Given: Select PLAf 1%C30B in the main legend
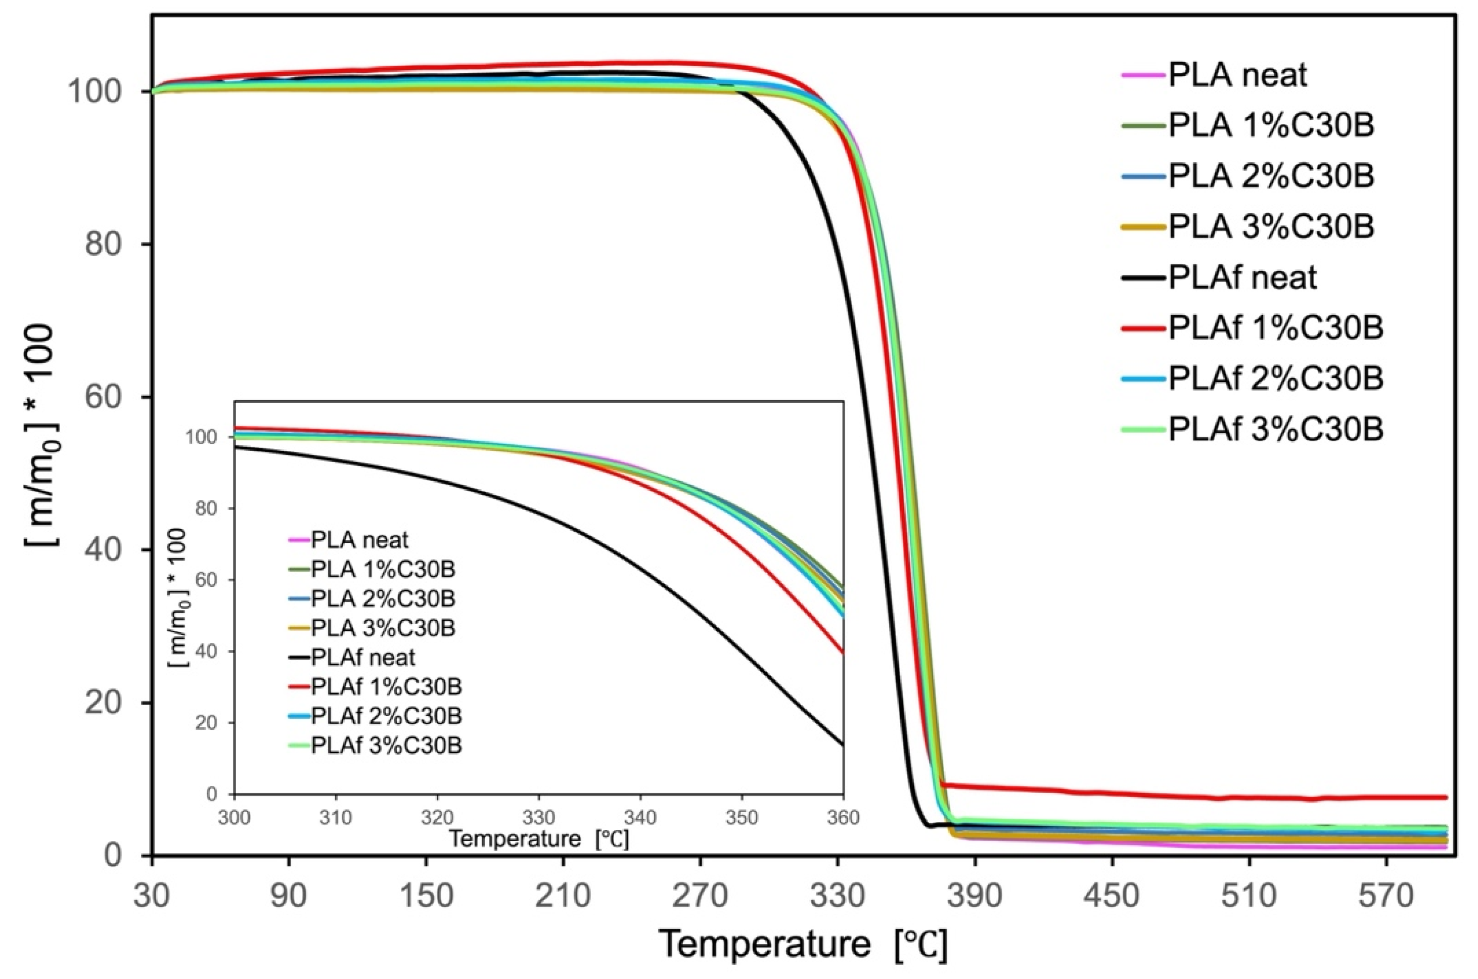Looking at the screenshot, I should point(1275,329).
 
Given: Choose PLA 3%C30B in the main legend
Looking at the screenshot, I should point(1271,226).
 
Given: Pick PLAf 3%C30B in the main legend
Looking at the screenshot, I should point(1275,430).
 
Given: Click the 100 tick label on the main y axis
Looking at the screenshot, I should point(94,92).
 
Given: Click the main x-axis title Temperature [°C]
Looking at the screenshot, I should point(802,945).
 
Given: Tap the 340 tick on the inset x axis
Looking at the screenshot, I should point(640,817).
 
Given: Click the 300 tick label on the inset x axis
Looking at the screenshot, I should point(234,817).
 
